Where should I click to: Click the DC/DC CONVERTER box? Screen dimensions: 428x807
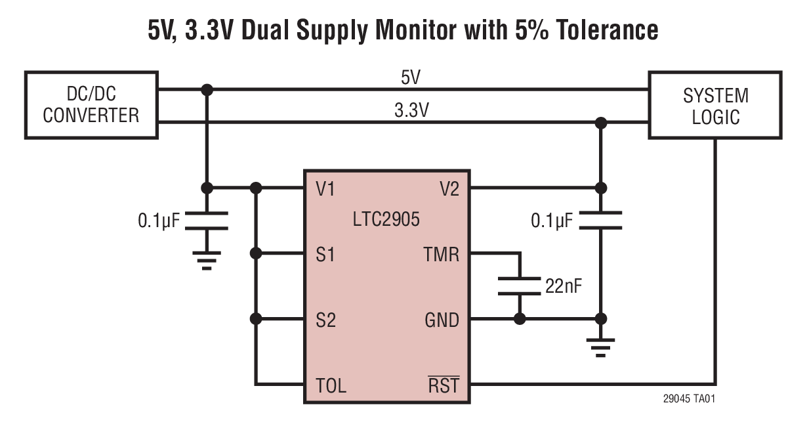click(91, 105)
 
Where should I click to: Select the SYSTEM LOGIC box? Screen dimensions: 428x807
click(715, 105)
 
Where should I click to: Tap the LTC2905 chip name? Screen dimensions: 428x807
click(386, 219)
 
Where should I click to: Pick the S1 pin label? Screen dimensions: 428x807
click(325, 254)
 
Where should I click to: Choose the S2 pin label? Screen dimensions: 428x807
click(325, 320)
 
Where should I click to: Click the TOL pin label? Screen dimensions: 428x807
click(330, 385)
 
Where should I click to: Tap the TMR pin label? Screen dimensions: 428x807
click(442, 254)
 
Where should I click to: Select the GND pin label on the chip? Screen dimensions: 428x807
click(442, 320)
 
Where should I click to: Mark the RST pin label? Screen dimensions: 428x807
click(444, 385)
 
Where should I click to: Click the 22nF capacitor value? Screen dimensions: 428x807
click(563, 286)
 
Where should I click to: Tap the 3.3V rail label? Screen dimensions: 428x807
click(411, 110)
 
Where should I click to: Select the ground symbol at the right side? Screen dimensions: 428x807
click(600, 346)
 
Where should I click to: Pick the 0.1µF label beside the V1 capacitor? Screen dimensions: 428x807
click(158, 221)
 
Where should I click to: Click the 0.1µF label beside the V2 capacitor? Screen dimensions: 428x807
click(552, 221)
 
